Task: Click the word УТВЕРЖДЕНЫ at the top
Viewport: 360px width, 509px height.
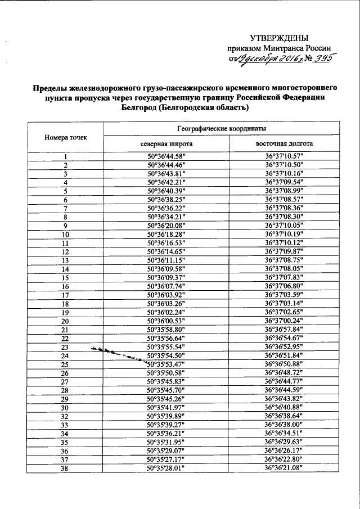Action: [279, 38]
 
